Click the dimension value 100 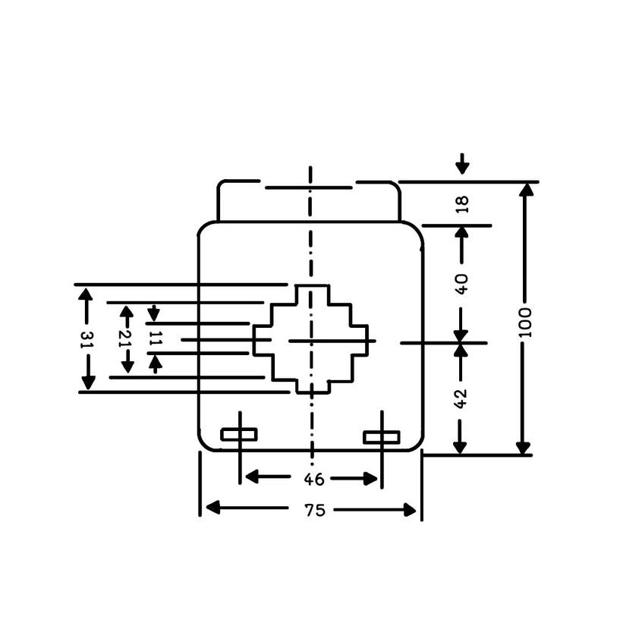point(525,323)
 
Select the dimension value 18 point(462,204)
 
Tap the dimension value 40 point(461,284)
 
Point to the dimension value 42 point(461,398)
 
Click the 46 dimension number point(314,479)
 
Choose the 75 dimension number point(315,510)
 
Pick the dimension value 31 point(87,339)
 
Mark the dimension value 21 point(126,338)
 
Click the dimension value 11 point(156,338)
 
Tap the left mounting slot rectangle point(239,434)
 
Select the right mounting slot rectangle point(382,437)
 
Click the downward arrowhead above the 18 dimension point(462,168)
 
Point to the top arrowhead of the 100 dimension point(526,189)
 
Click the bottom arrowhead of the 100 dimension point(523,448)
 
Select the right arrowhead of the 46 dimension point(370,479)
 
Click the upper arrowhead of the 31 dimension point(85,294)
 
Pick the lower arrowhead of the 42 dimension point(460,448)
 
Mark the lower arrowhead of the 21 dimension point(127,367)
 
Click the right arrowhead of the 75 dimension point(410,510)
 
